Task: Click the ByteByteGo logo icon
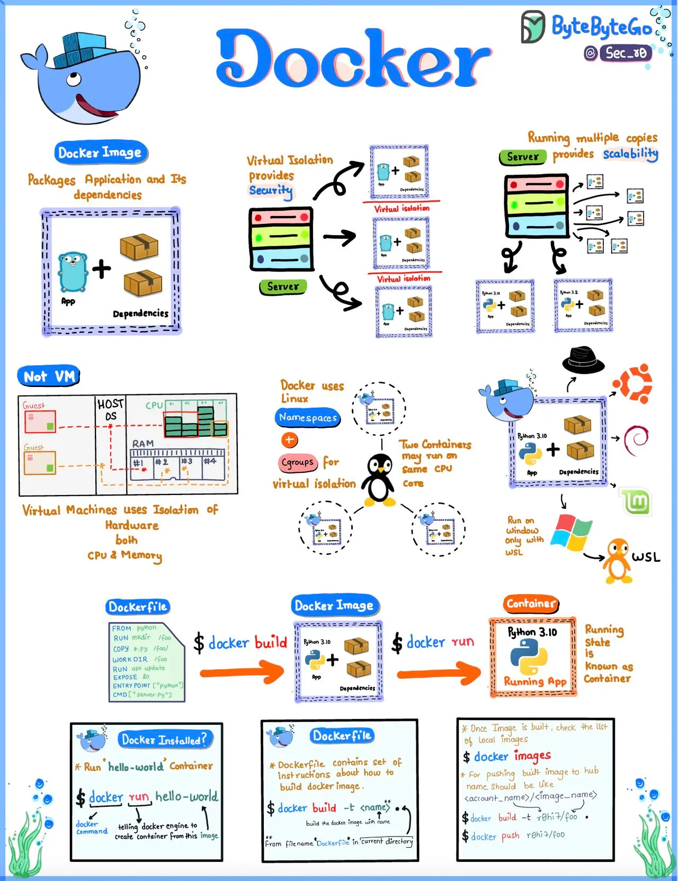532,26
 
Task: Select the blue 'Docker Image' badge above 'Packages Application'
100,153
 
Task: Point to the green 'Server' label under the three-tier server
283,286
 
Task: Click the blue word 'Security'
271,190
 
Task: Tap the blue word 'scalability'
630,154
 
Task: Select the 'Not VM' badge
49,376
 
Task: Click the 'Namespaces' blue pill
308,418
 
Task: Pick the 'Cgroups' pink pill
298,463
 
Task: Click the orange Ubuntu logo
632,382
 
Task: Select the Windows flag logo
571,532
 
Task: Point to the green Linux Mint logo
635,501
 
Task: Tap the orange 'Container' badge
531,604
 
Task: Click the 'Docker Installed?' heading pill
164,740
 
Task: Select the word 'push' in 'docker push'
510,835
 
